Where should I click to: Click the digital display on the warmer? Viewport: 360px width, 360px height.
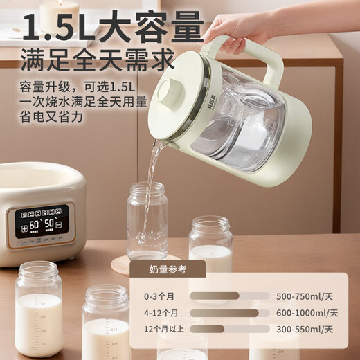point(42,222)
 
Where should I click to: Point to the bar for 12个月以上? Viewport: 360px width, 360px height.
point(208,330)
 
